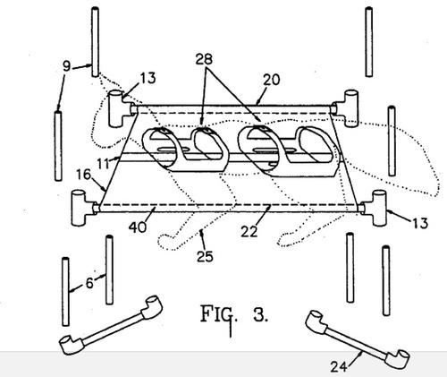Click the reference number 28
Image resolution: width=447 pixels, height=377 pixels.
204,59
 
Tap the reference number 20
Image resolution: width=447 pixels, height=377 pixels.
272,80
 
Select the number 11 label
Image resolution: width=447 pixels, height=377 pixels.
104,163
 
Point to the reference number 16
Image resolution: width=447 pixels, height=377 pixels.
83,175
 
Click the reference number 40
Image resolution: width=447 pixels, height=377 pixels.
138,227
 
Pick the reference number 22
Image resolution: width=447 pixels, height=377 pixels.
249,231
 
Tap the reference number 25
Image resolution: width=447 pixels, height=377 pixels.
205,256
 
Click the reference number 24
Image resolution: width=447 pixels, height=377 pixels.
339,366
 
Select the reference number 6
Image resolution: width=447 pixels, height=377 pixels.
89,283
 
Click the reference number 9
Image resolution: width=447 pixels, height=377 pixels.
67,66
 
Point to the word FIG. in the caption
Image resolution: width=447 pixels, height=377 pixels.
219,313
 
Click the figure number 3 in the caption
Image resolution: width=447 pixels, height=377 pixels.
260,314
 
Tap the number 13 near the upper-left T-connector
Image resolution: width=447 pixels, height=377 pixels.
148,78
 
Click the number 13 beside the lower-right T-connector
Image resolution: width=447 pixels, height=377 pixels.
420,223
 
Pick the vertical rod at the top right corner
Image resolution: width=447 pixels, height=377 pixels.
368,42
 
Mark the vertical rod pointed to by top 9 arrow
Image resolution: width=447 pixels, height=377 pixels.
95,42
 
